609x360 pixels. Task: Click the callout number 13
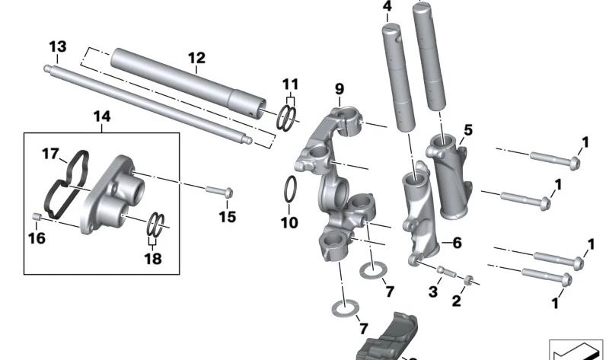[x=57, y=47]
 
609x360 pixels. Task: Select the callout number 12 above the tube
[x=196, y=58]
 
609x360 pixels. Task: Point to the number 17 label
[x=50, y=154]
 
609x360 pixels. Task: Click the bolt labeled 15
[x=218, y=190]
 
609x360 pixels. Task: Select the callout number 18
[x=154, y=259]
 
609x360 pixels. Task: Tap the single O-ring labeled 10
[x=290, y=190]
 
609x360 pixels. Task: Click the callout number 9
[x=340, y=91]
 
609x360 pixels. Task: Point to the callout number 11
[x=291, y=83]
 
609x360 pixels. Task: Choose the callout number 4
[x=387, y=8]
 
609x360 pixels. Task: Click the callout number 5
[x=467, y=130]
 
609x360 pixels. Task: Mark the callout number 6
[x=457, y=244]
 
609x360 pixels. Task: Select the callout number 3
[x=432, y=292]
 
